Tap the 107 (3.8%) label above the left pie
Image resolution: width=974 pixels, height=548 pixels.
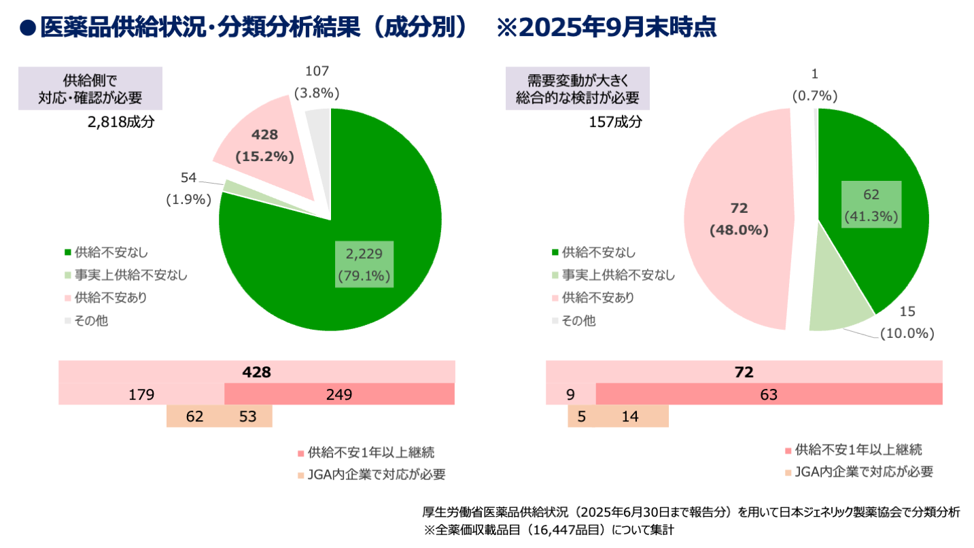click(317, 82)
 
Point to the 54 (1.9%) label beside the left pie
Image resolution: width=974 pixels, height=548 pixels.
click(188, 188)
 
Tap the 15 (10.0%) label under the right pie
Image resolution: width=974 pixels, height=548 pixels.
click(907, 322)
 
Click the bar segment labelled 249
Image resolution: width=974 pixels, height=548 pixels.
click(338, 394)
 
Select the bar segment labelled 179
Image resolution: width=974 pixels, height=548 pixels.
click(141, 394)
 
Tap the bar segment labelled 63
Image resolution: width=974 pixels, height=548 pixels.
click(768, 394)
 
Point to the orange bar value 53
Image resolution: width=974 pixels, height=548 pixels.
click(248, 417)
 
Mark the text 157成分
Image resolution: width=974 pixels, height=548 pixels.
click(615, 122)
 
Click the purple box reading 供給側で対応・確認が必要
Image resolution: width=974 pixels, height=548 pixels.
click(90, 88)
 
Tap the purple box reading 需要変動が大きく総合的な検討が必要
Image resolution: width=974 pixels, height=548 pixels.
click(578, 88)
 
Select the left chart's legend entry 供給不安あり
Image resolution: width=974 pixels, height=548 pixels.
click(105, 297)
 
